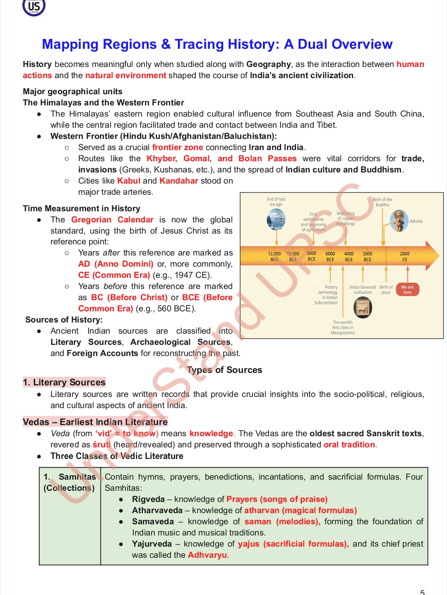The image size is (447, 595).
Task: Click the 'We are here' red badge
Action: pos(407,290)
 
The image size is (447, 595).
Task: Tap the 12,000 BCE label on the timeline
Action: pos(274,257)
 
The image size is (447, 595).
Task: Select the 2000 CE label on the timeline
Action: pos(404,257)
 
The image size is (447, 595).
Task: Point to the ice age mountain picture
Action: pos(276,219)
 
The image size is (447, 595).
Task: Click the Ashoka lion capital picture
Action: pos(399,221)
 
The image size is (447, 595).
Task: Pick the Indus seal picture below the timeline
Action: pos(363,308)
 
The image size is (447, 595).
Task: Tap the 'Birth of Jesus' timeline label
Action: pos(386,289)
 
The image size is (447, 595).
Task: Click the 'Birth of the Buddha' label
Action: pos(382,202)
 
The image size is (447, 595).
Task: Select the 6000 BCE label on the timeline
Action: pos(330,257)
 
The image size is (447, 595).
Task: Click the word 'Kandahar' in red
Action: pos(179,181)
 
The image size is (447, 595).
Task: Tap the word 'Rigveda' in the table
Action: pos(148,499)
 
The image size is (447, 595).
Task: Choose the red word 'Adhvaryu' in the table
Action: pos(208,555)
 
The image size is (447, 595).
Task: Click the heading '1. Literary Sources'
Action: pos(65,382)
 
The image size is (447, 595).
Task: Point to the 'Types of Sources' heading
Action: pos(224,370)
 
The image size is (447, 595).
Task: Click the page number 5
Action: pos(423,592)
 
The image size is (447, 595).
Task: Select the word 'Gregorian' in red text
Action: pos(91,220)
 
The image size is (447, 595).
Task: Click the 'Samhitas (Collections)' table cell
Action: pos(70,483)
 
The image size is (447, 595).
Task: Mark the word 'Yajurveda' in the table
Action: pos(151,544)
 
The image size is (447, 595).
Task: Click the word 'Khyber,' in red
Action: pos(162,158)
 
